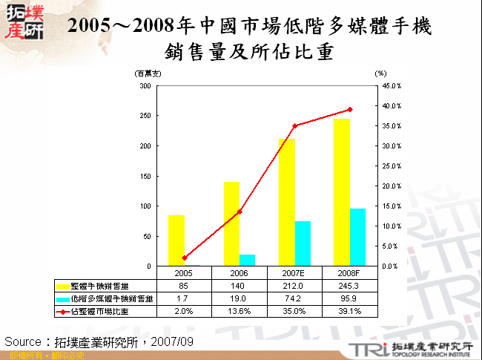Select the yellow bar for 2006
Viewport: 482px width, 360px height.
coord(232,223)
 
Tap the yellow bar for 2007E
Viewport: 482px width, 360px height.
coord(287,202)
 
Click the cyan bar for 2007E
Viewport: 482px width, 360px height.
coord(303,243)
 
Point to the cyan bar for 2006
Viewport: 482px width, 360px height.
coord(248,260)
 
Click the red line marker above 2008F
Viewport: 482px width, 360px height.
coord(350,109)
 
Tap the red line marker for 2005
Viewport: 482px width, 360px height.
coord(185,258)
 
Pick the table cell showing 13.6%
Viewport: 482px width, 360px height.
coord(240,312)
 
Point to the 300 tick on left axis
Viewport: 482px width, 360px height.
coord(145,86)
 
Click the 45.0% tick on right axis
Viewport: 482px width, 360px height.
coord(392,86)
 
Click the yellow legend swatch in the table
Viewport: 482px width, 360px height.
coord(63,286)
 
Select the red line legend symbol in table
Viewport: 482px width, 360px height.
coord(63,312)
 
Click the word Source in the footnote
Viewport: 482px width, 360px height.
coord(23,341)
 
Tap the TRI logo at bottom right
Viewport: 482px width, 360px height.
coord(365,350)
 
